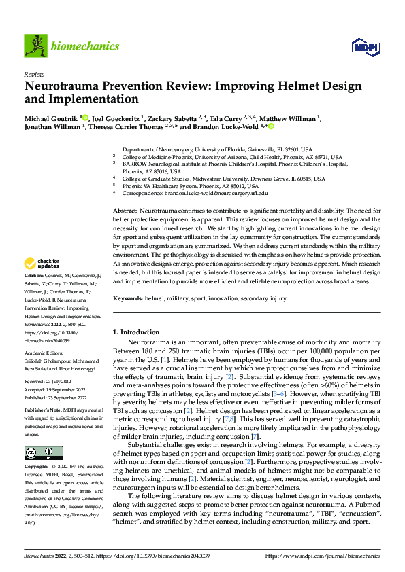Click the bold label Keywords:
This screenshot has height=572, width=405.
(x=127, y=298)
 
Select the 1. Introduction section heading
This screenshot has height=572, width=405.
(x=135, y=332)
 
